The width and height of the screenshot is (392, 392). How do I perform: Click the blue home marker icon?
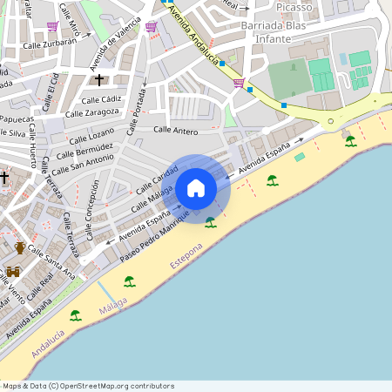196,188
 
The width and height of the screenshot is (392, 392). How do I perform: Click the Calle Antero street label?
175,130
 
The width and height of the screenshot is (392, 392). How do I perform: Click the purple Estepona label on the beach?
186,260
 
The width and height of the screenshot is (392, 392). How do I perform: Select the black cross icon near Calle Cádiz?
99,80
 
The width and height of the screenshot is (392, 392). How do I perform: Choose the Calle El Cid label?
50,90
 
